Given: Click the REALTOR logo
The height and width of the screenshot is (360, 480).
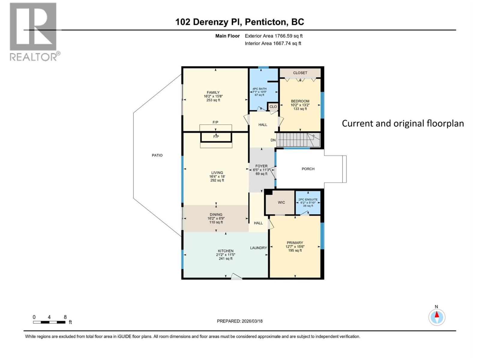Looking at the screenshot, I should coord(33,31).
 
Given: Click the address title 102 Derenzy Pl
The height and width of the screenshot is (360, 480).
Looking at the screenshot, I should coord(239,22).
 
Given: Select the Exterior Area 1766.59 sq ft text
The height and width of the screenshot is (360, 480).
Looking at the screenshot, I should coord(273,36).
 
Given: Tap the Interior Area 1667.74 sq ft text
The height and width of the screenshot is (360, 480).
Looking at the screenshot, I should coord(273,43).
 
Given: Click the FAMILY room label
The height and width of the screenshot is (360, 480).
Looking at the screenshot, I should coord(213,92).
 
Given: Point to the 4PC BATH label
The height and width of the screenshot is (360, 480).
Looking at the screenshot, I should coord(259,89).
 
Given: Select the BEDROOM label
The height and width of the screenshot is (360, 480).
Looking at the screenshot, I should coord(300,101).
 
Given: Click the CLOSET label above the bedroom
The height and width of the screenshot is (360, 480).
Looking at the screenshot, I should coord(300,73).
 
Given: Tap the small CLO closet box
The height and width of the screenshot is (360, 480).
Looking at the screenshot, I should coord(273,107).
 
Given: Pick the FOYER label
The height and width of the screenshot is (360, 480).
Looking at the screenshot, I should coord(261,166).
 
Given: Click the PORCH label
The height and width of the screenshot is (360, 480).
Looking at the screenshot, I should coord(308,169).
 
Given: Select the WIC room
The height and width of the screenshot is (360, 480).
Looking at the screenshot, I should coord(281,202).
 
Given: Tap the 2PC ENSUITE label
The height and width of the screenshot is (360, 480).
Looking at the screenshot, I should coord(308,199).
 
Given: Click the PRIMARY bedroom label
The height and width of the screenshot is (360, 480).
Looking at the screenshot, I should coord(295,243).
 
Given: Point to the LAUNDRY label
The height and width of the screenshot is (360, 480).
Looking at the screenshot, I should coord(258,248).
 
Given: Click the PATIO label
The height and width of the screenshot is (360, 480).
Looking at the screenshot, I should coord(157,155).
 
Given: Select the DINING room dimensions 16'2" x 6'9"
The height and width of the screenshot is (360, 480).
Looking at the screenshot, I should coord(216,218).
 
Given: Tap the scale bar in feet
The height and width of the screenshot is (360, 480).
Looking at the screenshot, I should coord(49,322).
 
